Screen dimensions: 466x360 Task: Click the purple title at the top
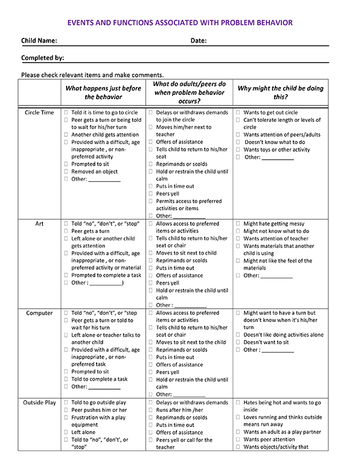tap(180, 23)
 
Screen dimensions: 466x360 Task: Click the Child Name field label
tap(40, 41)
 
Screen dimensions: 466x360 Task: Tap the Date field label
tap(199, 41)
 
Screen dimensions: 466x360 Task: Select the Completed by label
tap(43, 58)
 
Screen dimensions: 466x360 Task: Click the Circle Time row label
tap(39, 112)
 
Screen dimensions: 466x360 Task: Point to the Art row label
tap(39, 223)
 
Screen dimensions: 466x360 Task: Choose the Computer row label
tap(39, 313)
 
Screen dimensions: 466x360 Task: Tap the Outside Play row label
tap(39, 402)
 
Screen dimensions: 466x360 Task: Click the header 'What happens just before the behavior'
tap(103, 92)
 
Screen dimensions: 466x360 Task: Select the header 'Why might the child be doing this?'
tap(280, 92)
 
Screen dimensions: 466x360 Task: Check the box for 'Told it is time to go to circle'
tap(66, 112)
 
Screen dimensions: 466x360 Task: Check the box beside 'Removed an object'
tap(66, 172)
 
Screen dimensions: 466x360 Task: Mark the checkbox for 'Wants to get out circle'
tap(238, 112)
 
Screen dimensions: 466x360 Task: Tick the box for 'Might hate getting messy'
tap(238, 223)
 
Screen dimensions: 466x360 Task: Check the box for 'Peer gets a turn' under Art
tap(66, 231)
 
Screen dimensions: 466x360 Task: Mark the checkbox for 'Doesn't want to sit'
tap(238, 342)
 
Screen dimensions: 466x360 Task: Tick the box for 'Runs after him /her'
tap(151, 410)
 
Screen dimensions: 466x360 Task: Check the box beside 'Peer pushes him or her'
tap(66, 410)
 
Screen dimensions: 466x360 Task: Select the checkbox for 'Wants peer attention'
tap(238, 440)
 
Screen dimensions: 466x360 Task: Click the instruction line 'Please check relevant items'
tap(92, 74)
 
